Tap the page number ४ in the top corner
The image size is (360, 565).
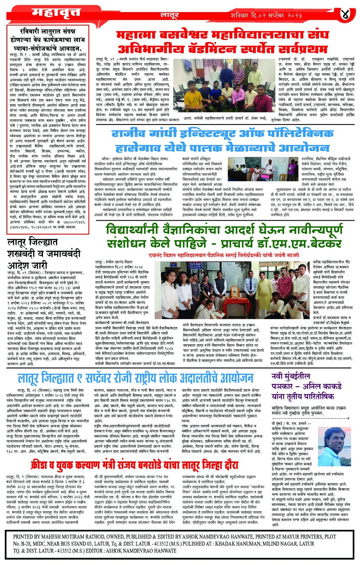(345, 15)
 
